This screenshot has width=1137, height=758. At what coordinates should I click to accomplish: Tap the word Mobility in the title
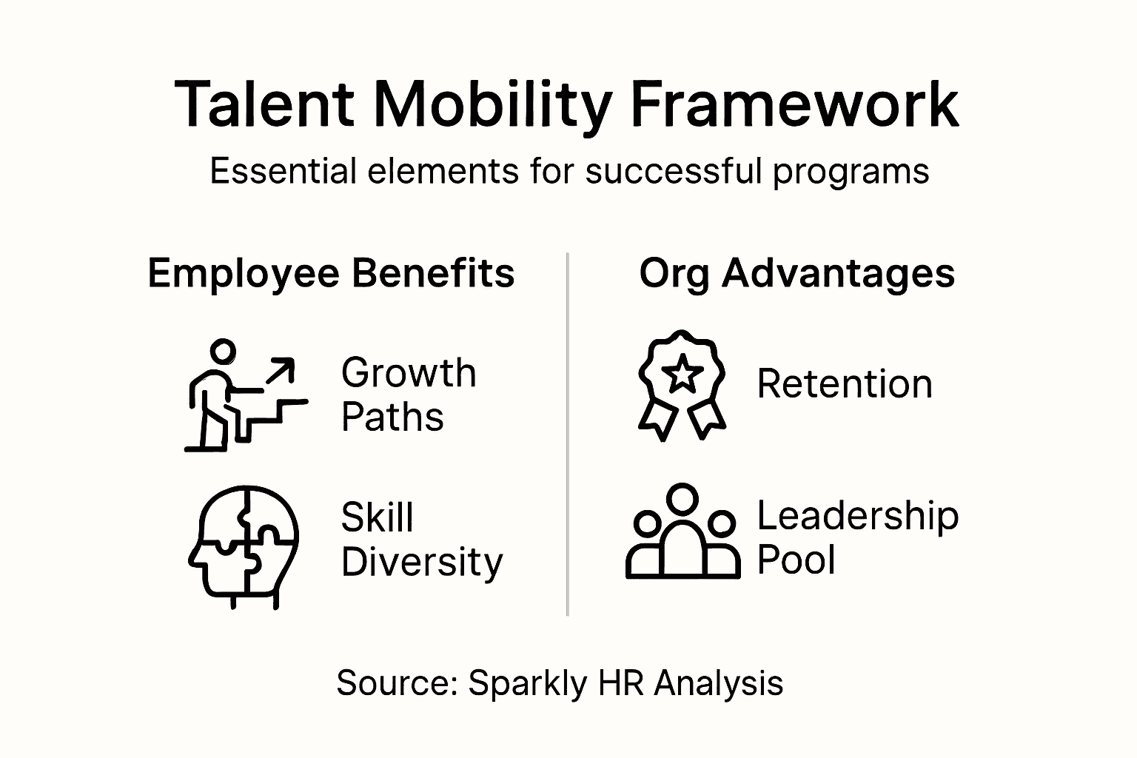pos(492,105)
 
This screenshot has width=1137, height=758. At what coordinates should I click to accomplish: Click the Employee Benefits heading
pos(331,273)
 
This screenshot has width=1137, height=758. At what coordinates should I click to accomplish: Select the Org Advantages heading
pos(796,274)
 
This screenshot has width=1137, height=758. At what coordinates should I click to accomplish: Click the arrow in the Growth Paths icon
pos(280,370)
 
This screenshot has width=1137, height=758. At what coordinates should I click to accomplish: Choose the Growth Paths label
pos(408,395)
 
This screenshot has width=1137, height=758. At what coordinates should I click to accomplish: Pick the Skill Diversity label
pos(421,540)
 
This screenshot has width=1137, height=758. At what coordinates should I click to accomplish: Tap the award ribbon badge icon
pos(682,385)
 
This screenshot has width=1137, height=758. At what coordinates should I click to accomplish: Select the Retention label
pos(844,384)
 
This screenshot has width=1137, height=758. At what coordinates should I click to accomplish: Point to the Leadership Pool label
pos(857,537)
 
